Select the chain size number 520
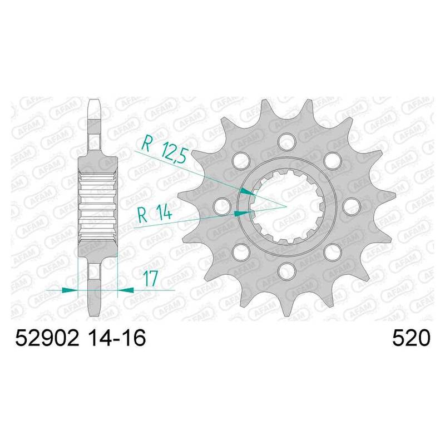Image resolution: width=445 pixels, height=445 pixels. tap(411, 338)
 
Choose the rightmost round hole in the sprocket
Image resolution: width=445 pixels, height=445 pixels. tap(352, 205)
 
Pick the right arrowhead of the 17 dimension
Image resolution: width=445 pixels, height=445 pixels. tap(126, 290)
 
